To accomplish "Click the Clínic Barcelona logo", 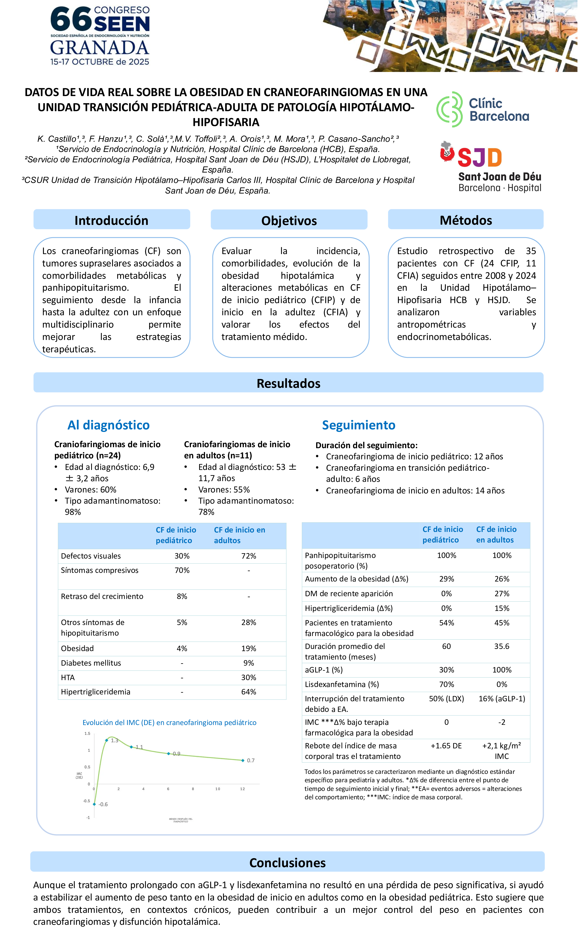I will [x=483, y=110].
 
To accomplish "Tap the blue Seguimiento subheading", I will [x=358, y=425].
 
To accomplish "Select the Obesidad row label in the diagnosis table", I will [x=77, y=648].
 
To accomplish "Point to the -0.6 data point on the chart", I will [x=94, y=804].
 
